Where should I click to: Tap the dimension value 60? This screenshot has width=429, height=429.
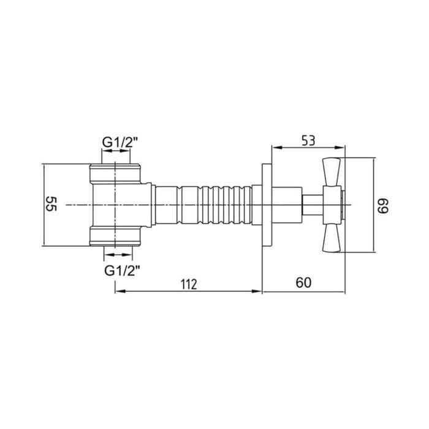(303, 283)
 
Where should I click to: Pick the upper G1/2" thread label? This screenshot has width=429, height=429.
(120, 142)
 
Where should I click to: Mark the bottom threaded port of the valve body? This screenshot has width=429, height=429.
(116, 236)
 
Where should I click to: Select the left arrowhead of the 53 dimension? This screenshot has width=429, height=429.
(275, 148)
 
